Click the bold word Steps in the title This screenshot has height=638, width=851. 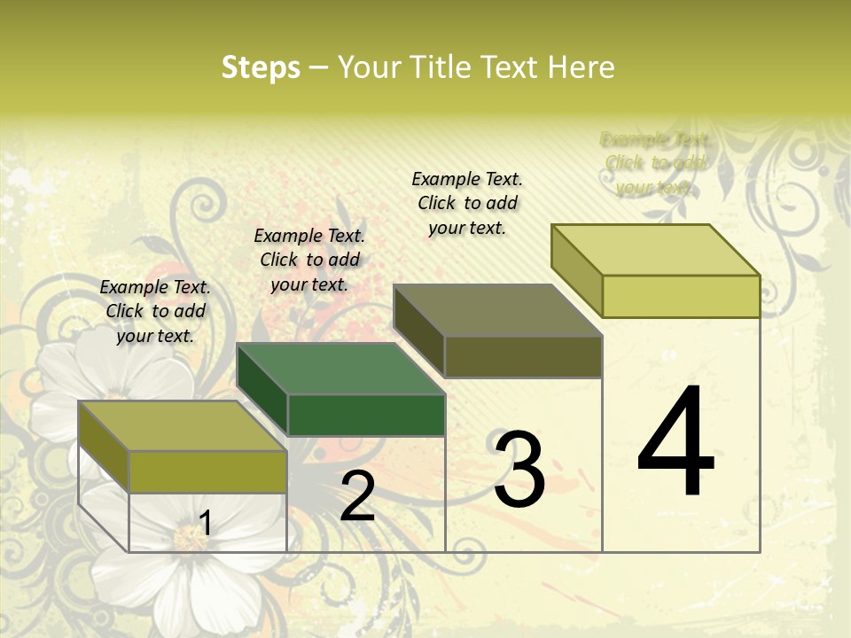261,67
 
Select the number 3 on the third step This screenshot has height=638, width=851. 519,469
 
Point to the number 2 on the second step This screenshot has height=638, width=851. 357,497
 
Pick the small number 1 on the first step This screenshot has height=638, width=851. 205,524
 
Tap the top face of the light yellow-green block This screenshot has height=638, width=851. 656,250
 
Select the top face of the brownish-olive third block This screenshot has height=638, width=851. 498,310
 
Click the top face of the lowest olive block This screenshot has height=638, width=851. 183,426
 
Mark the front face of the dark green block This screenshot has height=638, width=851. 366,415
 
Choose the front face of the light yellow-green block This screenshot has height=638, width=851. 681,296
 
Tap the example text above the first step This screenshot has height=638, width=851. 155,311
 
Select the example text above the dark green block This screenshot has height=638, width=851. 309,260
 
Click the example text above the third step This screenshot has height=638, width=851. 467,203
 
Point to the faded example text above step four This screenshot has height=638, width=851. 655,163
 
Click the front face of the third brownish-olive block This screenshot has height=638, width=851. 523,356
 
